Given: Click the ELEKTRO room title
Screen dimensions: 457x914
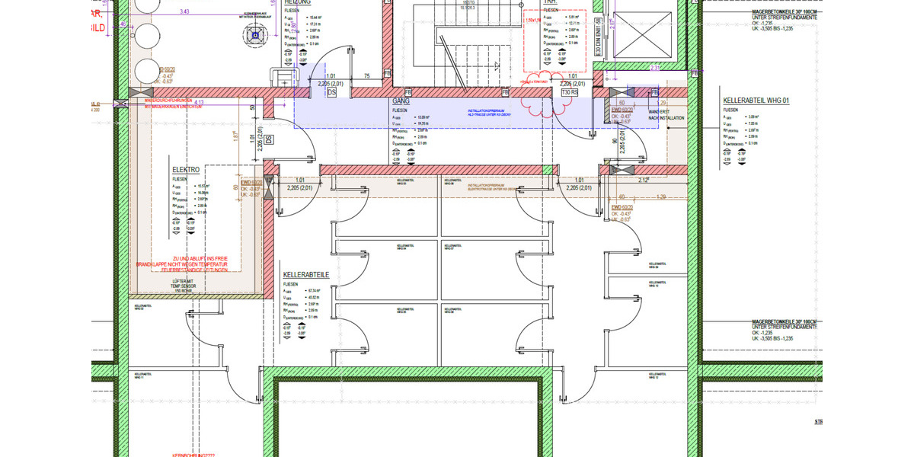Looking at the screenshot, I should [x=186, y=169].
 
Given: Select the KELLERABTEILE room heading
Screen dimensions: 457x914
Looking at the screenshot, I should [x=305, y=273].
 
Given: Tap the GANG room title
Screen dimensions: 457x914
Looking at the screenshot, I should [x=401, y=101].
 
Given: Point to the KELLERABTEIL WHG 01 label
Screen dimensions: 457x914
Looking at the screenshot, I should [x=756, y=101].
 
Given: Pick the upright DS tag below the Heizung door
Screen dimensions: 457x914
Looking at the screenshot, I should [x=331, y=92].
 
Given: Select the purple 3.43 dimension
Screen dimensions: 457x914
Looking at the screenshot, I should [x=184, y=12].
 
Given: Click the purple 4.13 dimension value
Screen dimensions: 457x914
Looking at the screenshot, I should [x=200, y=101].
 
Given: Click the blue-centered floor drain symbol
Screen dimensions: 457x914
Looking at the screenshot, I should [x=254, y=34].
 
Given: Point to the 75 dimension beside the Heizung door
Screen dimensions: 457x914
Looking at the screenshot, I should [x=366, y=76].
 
